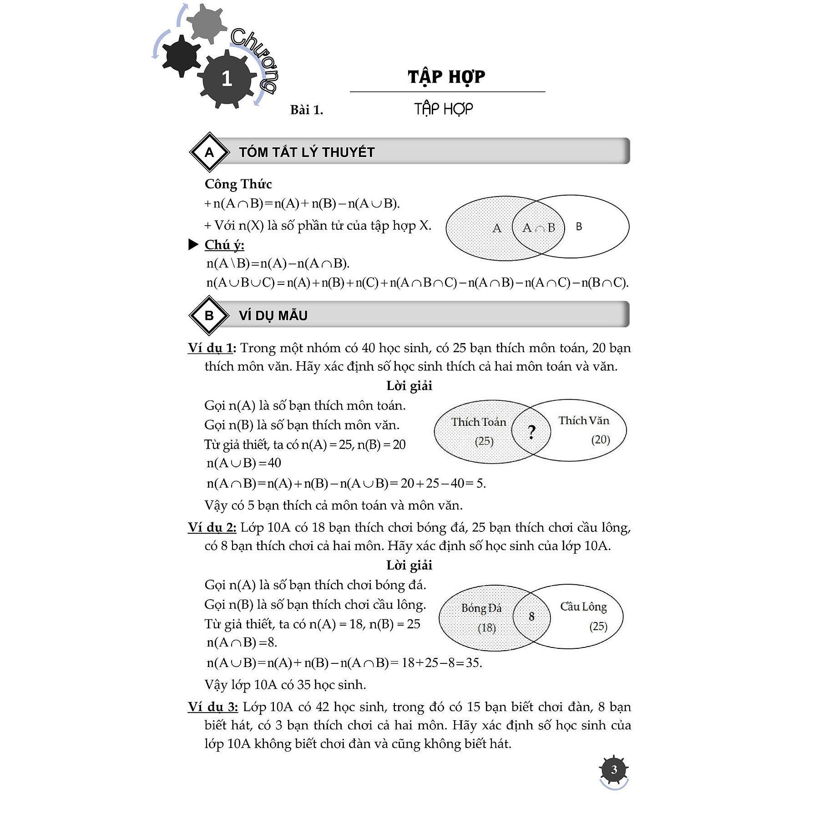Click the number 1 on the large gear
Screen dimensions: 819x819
pos(227,79)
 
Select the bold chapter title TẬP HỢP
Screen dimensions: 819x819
pos(446,76)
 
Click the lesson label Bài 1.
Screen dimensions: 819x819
pos(307,110)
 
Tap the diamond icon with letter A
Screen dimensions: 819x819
pos(209,152)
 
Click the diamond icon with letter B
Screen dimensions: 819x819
pos(209,316)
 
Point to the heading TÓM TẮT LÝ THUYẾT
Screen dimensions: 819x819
pos(307,152)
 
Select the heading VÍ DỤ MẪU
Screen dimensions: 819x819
pos(273,316)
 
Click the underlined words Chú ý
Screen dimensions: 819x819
pos(224,245)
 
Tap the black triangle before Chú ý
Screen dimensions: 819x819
pos(193,245)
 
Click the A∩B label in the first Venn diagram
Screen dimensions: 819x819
pos(539,227)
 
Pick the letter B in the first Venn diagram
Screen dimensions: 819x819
pos(579,227)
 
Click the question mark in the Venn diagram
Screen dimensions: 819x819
pos(531,432)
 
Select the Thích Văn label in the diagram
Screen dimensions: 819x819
pos(584,421)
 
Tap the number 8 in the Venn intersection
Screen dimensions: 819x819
pos(531,617)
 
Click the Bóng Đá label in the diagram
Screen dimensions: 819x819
pos(481,608)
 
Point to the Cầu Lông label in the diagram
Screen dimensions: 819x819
pos(583,607)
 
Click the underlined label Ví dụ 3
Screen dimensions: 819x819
pos(212,707)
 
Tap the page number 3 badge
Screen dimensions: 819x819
pos(614,769)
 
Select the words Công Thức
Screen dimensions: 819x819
pos(238,184)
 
